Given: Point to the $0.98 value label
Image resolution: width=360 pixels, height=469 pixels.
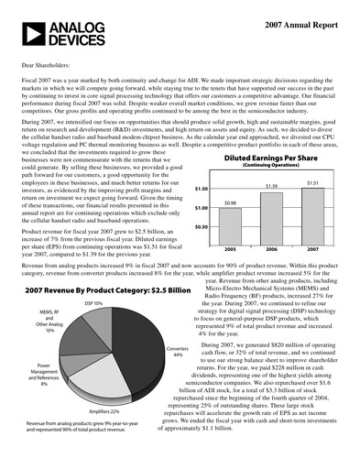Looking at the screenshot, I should [x=231, y=202].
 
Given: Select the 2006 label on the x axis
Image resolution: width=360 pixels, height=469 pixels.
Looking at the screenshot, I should [x=271, y=248].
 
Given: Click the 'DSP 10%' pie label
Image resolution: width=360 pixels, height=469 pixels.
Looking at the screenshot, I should [x=93, y=302].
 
